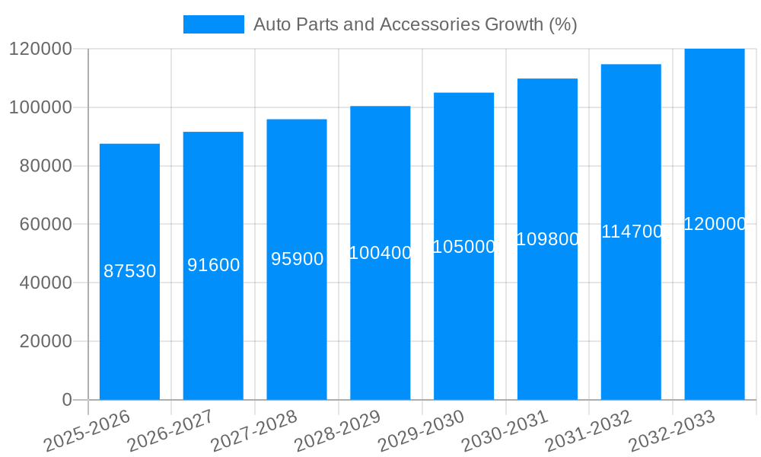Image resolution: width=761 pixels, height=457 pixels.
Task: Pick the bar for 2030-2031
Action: click(x=547, y=320)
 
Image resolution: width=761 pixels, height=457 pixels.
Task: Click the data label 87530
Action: click(x=129, y=271)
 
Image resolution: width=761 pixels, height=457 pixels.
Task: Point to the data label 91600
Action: click(x=213, y=265)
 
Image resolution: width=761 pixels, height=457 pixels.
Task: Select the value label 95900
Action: click(x=297, y=259)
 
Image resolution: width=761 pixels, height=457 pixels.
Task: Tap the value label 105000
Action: click(x=463, y=247)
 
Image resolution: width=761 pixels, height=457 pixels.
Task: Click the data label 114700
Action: click(x=632, y=232)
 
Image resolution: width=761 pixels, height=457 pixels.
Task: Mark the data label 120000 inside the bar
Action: click(x=715, y=224)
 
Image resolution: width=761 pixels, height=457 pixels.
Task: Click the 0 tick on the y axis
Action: click(x=67, y=400)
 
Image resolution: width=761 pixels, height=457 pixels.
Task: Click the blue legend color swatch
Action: click(x=213, y=24)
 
